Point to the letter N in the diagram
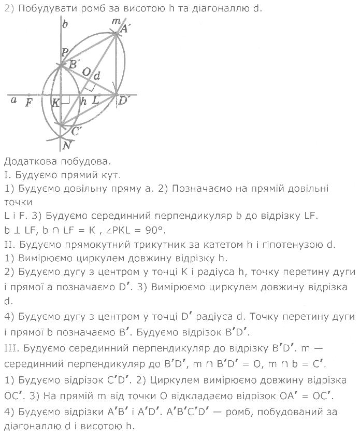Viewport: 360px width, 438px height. (66, 146)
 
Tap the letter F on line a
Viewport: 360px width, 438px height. (29, 102)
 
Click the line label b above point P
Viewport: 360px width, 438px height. (65, 24)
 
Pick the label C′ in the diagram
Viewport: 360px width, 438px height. (76, 131)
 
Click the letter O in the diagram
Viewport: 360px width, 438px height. (87, 71)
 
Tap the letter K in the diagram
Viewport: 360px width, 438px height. (55, 103)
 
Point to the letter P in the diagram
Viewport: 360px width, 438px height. (65, 52)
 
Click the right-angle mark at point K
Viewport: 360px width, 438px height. (65, 100)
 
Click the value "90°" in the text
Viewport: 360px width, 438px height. (157, 230)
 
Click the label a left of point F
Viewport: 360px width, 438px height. (13, 100)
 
